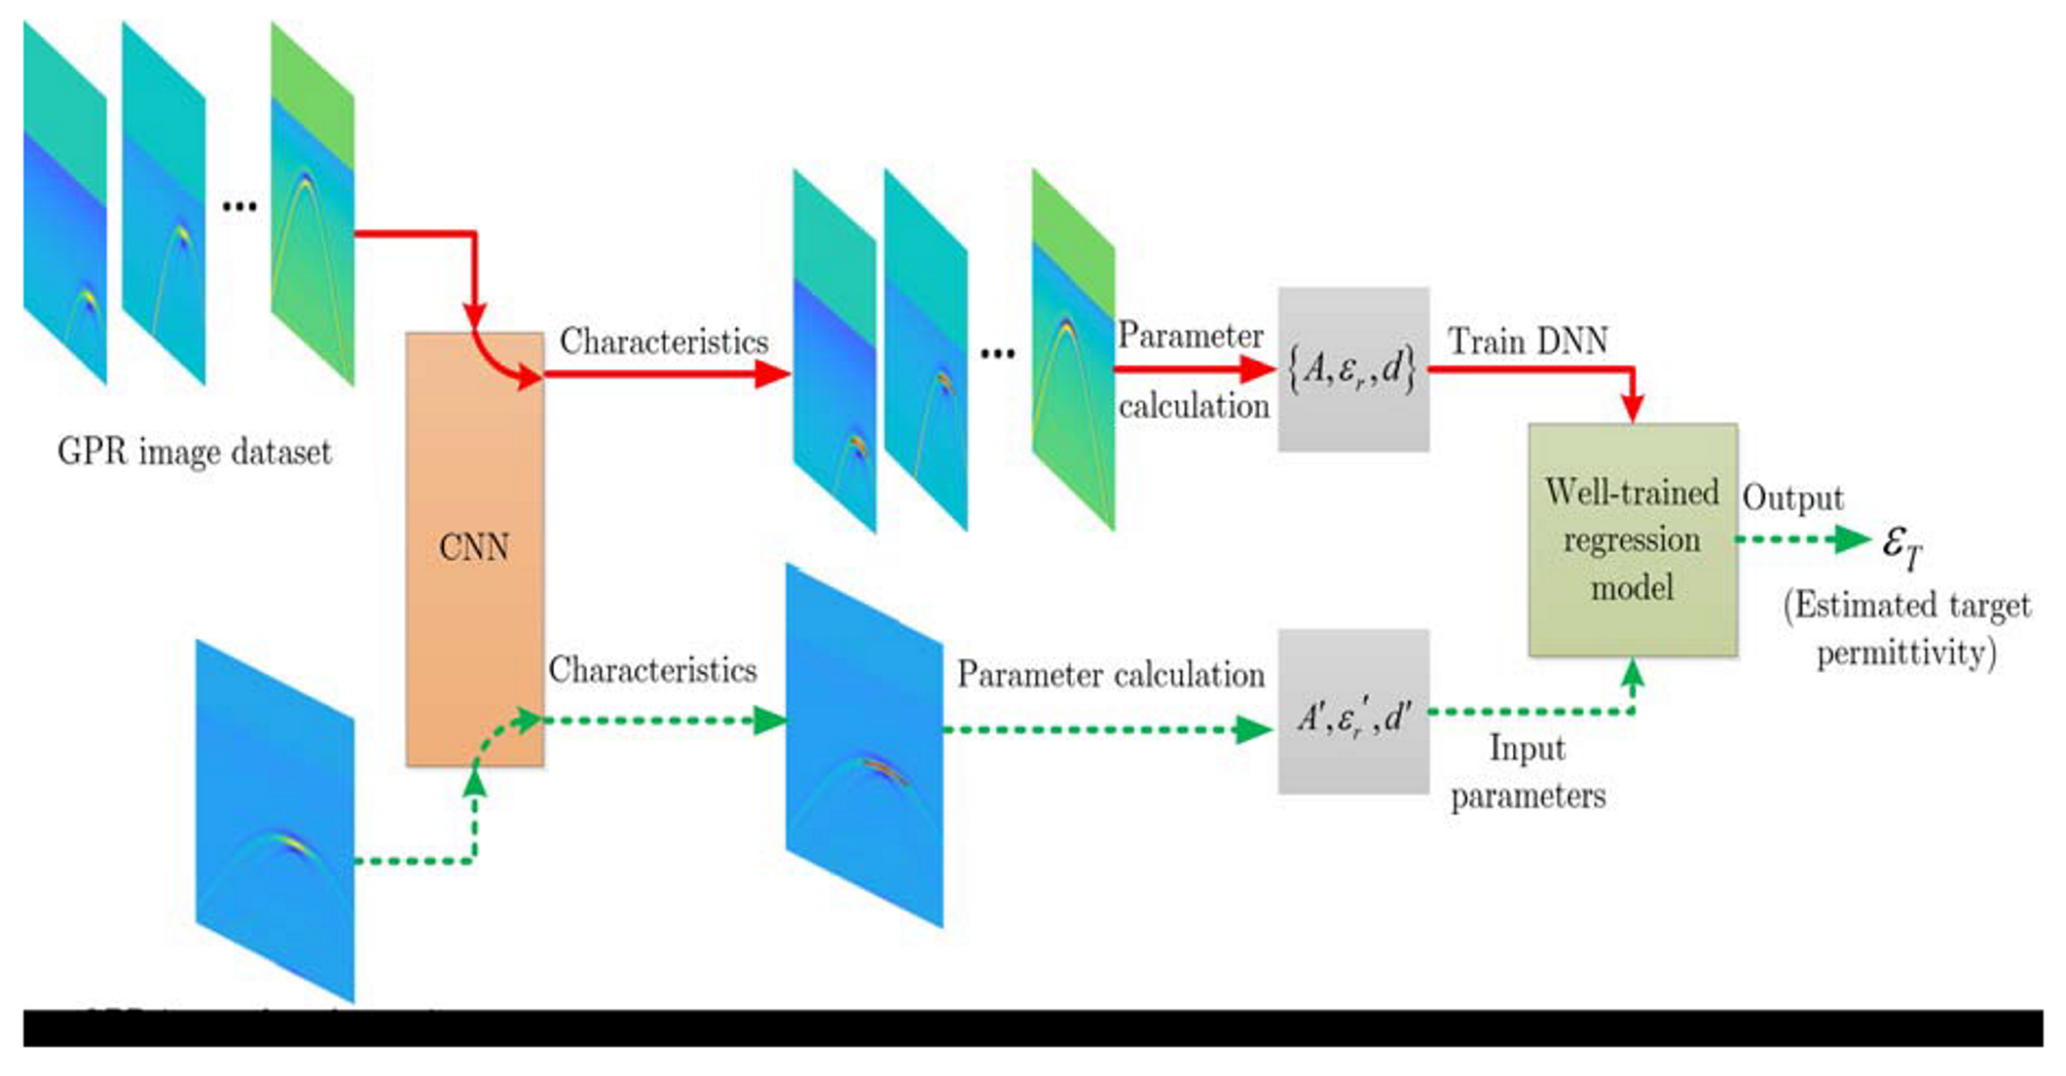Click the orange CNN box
coord(474,549)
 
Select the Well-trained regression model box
coord(1633,540)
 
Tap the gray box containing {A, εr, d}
coord(1353,370)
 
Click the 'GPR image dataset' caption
coord(195,452)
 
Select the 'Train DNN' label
coord(1528,341)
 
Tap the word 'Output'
coord(1792,499)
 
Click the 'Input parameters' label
coord(1528,772)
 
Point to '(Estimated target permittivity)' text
coord(1906,629)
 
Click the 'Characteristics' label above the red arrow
coord(664,342)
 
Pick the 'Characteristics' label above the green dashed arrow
coord(652,670)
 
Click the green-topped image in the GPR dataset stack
coord(312,204)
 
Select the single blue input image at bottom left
coord(275,821)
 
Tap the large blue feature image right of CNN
coord(865,746)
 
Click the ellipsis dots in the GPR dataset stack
coord(240,205)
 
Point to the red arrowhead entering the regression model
coord(1633,408)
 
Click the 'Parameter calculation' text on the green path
coord(1110,675)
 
